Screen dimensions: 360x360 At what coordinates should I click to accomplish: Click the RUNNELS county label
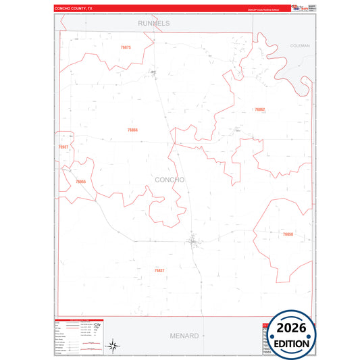pos(153,23)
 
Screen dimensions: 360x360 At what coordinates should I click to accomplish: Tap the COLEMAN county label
pos(299,45)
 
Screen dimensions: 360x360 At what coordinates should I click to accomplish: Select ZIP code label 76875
pos(126,47)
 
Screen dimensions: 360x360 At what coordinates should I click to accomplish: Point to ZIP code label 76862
pos(259,109)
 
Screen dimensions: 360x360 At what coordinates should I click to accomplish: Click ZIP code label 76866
pos(132,130)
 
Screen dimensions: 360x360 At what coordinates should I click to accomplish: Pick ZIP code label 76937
pos(63,147)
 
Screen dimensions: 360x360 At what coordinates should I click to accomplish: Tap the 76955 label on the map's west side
pos(81,182)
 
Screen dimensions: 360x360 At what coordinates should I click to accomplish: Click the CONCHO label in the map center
pos(170,180)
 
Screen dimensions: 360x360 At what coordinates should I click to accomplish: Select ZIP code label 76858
pos(288,234)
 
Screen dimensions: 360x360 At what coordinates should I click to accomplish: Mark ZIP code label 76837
pos(159,270)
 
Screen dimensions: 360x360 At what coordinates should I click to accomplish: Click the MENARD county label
pos(184,335)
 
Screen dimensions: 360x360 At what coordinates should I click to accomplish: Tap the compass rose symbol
pos(113,346)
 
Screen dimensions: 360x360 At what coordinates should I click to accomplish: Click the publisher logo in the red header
pos(298,7)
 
